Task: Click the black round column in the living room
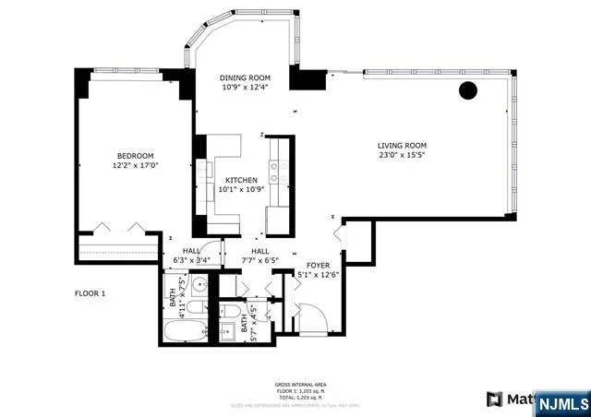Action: coord(468,90)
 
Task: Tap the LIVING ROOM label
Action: coord(402,145)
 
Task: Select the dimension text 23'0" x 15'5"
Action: coord(402,156)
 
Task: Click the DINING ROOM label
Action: coord(244,77)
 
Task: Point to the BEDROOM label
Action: coord(135,155)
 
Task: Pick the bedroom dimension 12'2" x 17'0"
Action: coord(135,166)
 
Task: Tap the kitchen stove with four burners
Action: coord(275,169)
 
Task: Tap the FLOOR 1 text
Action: coord(90,293)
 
